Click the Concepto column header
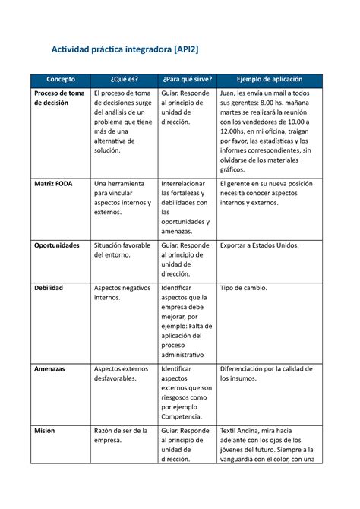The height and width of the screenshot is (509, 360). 58,80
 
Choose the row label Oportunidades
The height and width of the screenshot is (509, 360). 56,245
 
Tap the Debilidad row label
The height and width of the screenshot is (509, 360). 48,289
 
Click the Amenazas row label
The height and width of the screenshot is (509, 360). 49,368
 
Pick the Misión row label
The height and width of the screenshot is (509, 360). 44,430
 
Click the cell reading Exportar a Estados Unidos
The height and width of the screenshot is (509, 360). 259,245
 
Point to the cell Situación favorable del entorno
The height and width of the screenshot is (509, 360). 122,251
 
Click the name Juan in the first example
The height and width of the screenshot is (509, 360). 228,93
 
